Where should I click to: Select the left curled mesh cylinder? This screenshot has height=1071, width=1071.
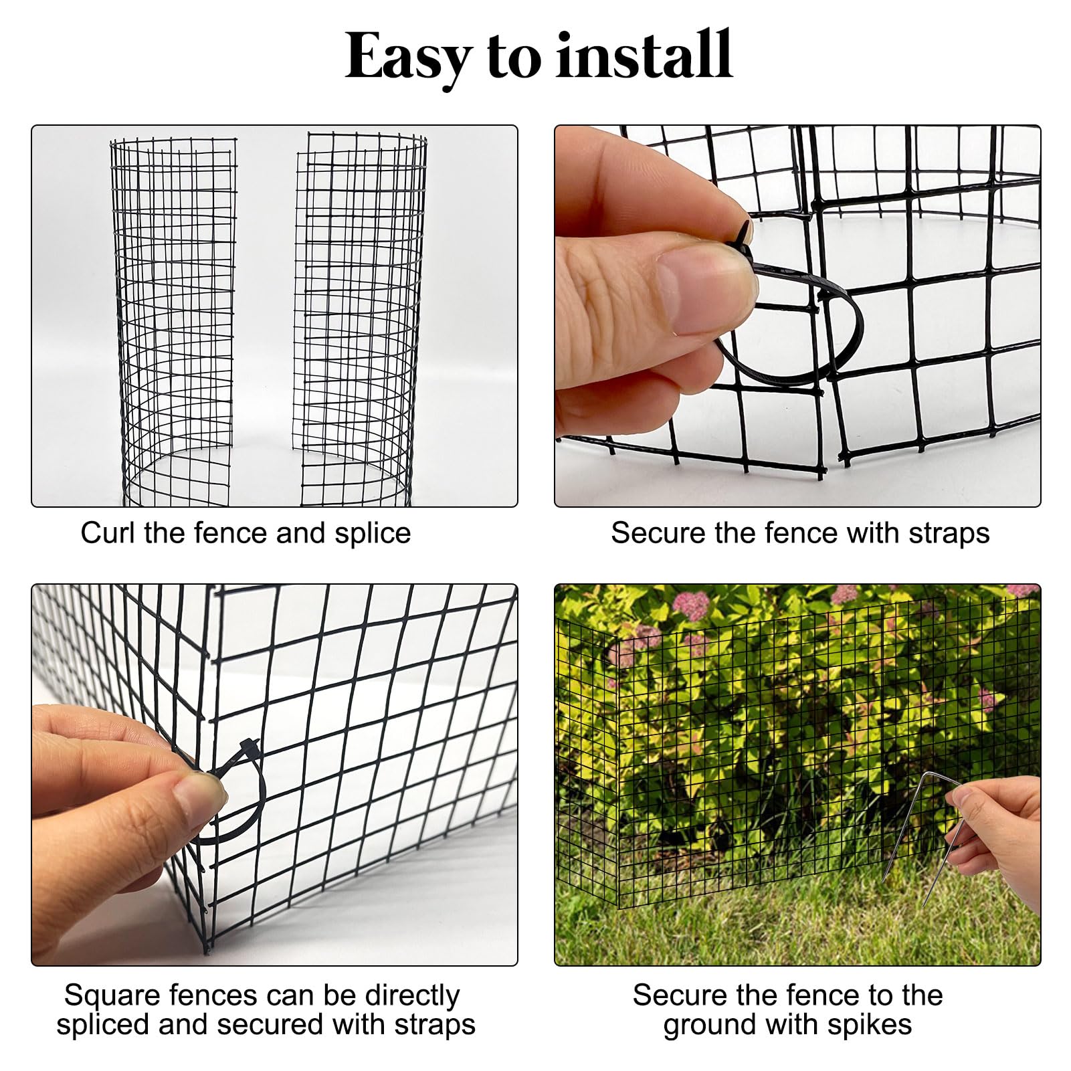click(x=174, y=321)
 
